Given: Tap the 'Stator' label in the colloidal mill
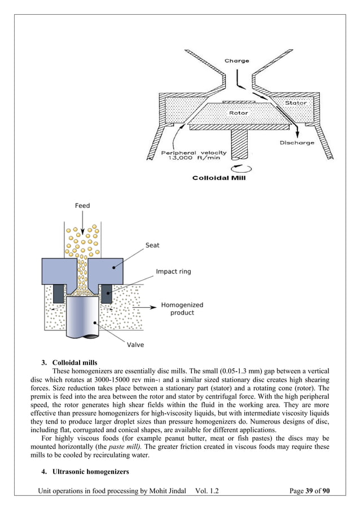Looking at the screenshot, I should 296,103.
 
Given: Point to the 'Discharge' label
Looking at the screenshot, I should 297,143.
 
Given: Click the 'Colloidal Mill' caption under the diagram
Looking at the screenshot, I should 219,178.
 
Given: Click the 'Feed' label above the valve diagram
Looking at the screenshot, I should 82,206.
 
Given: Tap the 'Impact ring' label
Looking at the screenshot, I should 173,272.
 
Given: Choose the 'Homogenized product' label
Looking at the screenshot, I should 182,309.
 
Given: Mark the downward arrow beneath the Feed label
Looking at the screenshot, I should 82,223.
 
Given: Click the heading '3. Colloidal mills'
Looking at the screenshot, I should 73,362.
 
